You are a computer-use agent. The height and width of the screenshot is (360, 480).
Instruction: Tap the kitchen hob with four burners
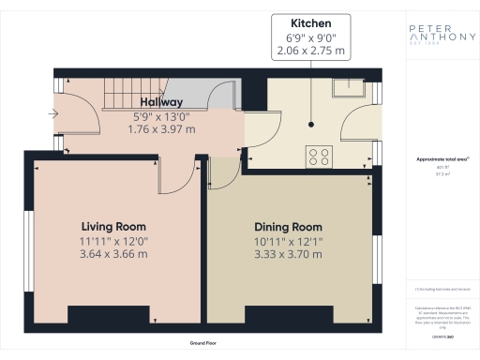point(317,157)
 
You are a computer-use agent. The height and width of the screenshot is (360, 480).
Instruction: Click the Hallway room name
point(161,101)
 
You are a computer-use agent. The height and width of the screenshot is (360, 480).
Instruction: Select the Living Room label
point(113,227)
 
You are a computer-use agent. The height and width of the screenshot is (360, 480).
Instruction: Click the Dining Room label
point(288,227)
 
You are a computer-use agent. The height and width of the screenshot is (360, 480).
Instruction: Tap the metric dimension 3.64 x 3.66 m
point(113,254)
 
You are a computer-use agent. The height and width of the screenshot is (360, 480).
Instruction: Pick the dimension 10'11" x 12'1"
point(288,241)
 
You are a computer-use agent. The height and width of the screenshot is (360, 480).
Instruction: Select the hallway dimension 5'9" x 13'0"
point(161,116)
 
